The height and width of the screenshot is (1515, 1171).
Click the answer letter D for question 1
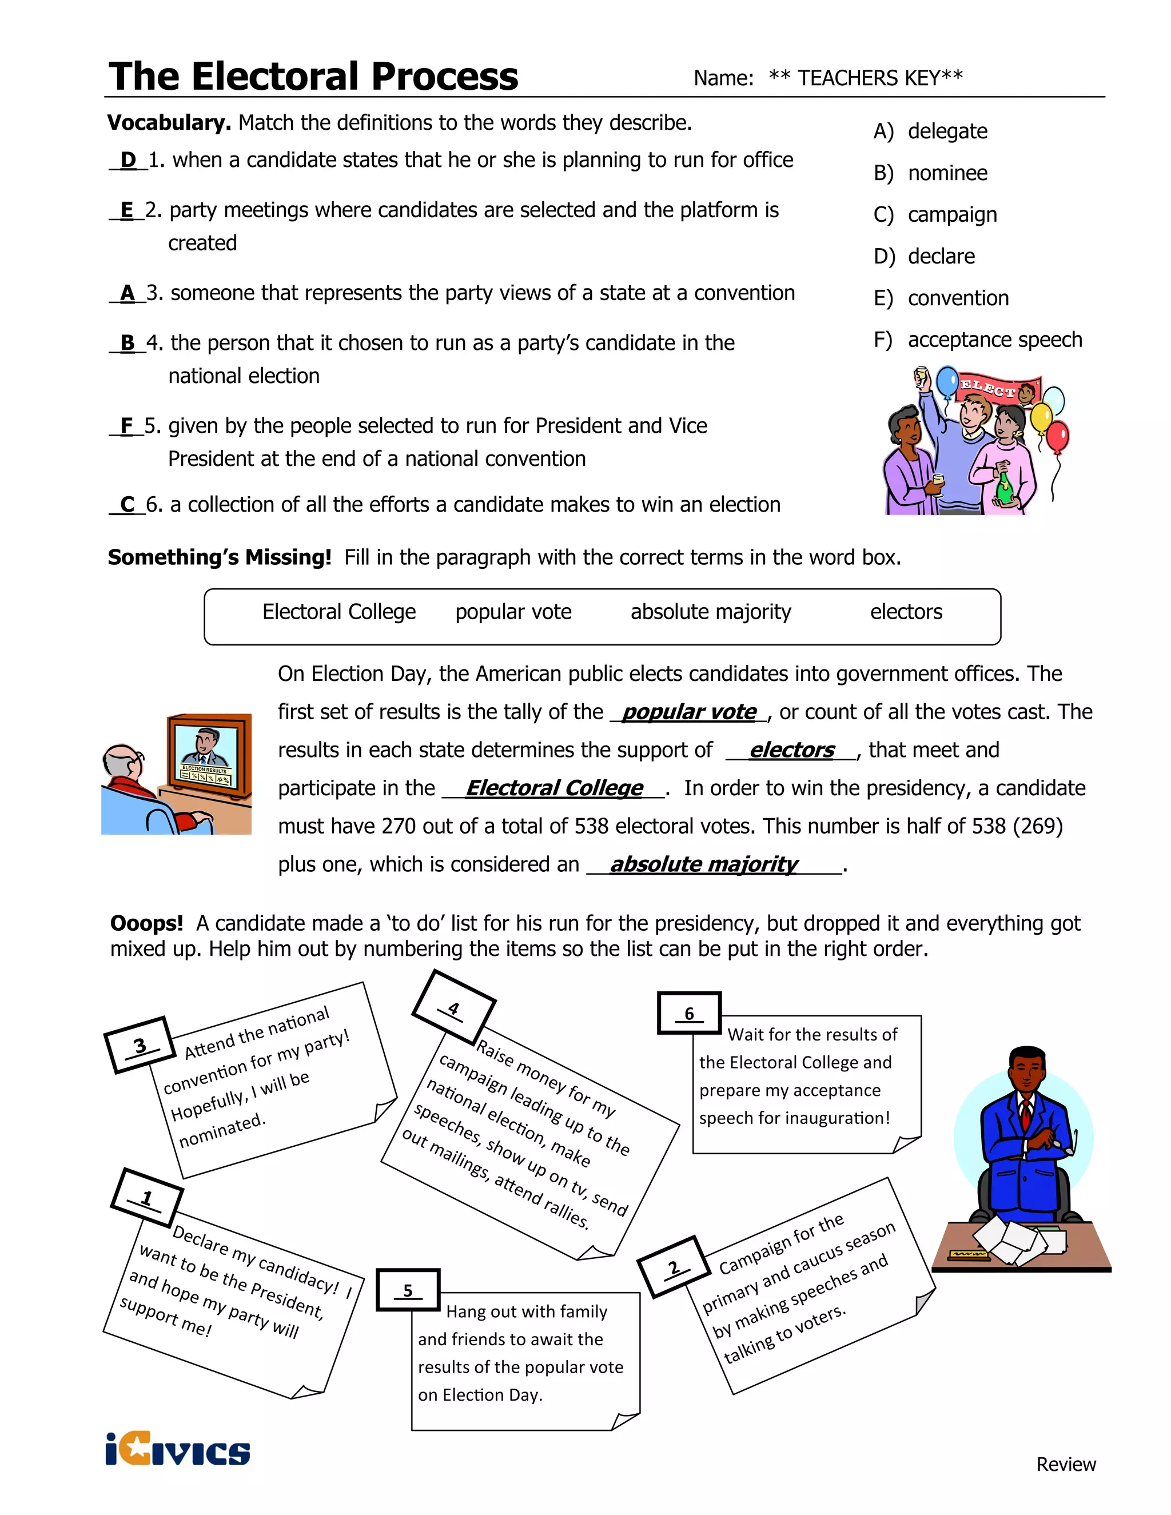(x=128, y=160)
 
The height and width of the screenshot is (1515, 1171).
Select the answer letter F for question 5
(x=126, y=426)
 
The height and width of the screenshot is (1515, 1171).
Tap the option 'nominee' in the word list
(x=947, y=173)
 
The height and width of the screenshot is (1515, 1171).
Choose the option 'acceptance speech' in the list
(x=994, y=340)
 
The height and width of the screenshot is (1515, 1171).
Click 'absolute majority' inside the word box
(x=710, y=612)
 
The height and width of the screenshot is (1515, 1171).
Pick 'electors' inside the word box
(x=906, y=612)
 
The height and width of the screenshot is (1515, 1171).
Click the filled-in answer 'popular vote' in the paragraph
(x=689, y=712)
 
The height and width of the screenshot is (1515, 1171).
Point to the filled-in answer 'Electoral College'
(x=553, y=788)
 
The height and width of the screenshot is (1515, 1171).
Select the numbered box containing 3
(x=140, y=1044)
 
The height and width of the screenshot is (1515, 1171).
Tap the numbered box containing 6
(x=689, y=1013)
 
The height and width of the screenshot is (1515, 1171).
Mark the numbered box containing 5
(x=408, y=1290)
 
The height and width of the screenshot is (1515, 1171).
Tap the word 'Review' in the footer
(x=1066, y=1464)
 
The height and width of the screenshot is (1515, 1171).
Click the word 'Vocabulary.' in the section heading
(x=169, y=123)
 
